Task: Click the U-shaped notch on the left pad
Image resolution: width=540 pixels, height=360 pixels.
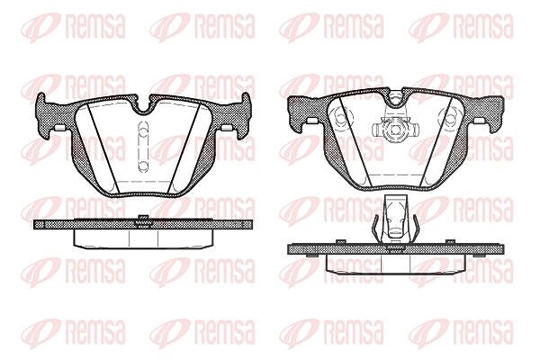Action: pos(144,107)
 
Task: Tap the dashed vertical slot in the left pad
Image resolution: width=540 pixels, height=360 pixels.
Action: pos(143,147)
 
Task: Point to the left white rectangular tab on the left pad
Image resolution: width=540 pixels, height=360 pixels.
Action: pos(60,128)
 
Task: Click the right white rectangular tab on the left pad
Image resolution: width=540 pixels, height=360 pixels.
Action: pos(226,128)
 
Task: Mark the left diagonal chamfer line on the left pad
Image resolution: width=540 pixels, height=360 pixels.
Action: pos(103,148)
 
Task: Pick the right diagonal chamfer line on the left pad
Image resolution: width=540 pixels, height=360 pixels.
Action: pos(184,148)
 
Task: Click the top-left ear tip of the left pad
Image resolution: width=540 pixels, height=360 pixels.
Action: pos(41,94)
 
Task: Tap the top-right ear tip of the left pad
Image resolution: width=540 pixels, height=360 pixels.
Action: pos(246,94)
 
